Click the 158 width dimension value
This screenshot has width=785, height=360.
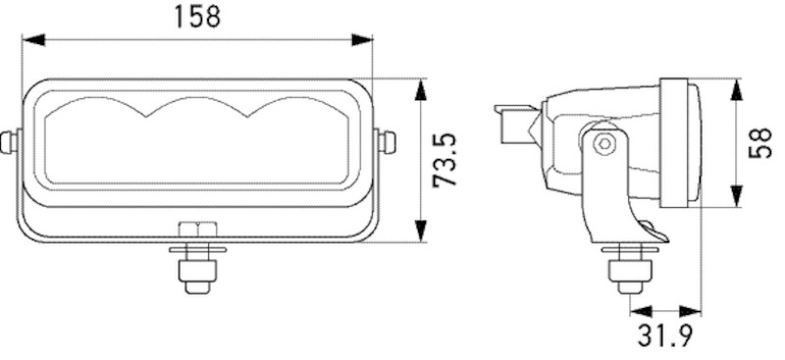click(x=197, y=17)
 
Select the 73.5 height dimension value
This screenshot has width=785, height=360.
click(x=446, y=161)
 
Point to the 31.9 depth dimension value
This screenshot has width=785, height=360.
click(x=665, y=336)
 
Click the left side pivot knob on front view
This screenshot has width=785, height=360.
click(x=10, y=141)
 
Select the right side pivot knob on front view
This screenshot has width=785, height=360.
click(x=387, y=141)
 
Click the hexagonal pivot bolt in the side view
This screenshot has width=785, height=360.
click(x=605, y=144)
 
